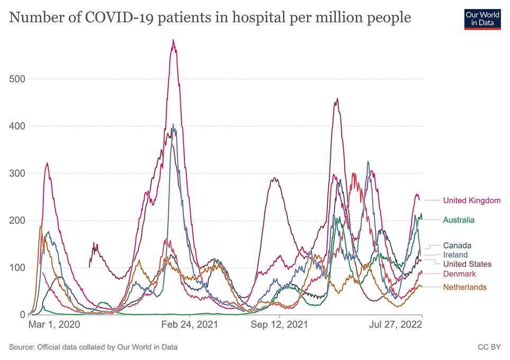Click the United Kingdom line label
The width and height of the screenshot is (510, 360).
(471, 200)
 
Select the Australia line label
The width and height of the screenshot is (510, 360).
(459, 220)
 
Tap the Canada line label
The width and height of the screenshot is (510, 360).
(457, 245)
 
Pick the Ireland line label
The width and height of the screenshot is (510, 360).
(455, 255)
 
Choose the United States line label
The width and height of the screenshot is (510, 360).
(467, 264)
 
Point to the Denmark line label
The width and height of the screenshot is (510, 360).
(459, 274)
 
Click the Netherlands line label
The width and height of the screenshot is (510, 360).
(464, 287)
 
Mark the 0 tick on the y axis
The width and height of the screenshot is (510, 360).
(22, 315)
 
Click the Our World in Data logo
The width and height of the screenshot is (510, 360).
(482, 18)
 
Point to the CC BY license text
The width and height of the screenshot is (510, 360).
(489, 347)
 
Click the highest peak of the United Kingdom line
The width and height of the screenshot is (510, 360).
(173, 40)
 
